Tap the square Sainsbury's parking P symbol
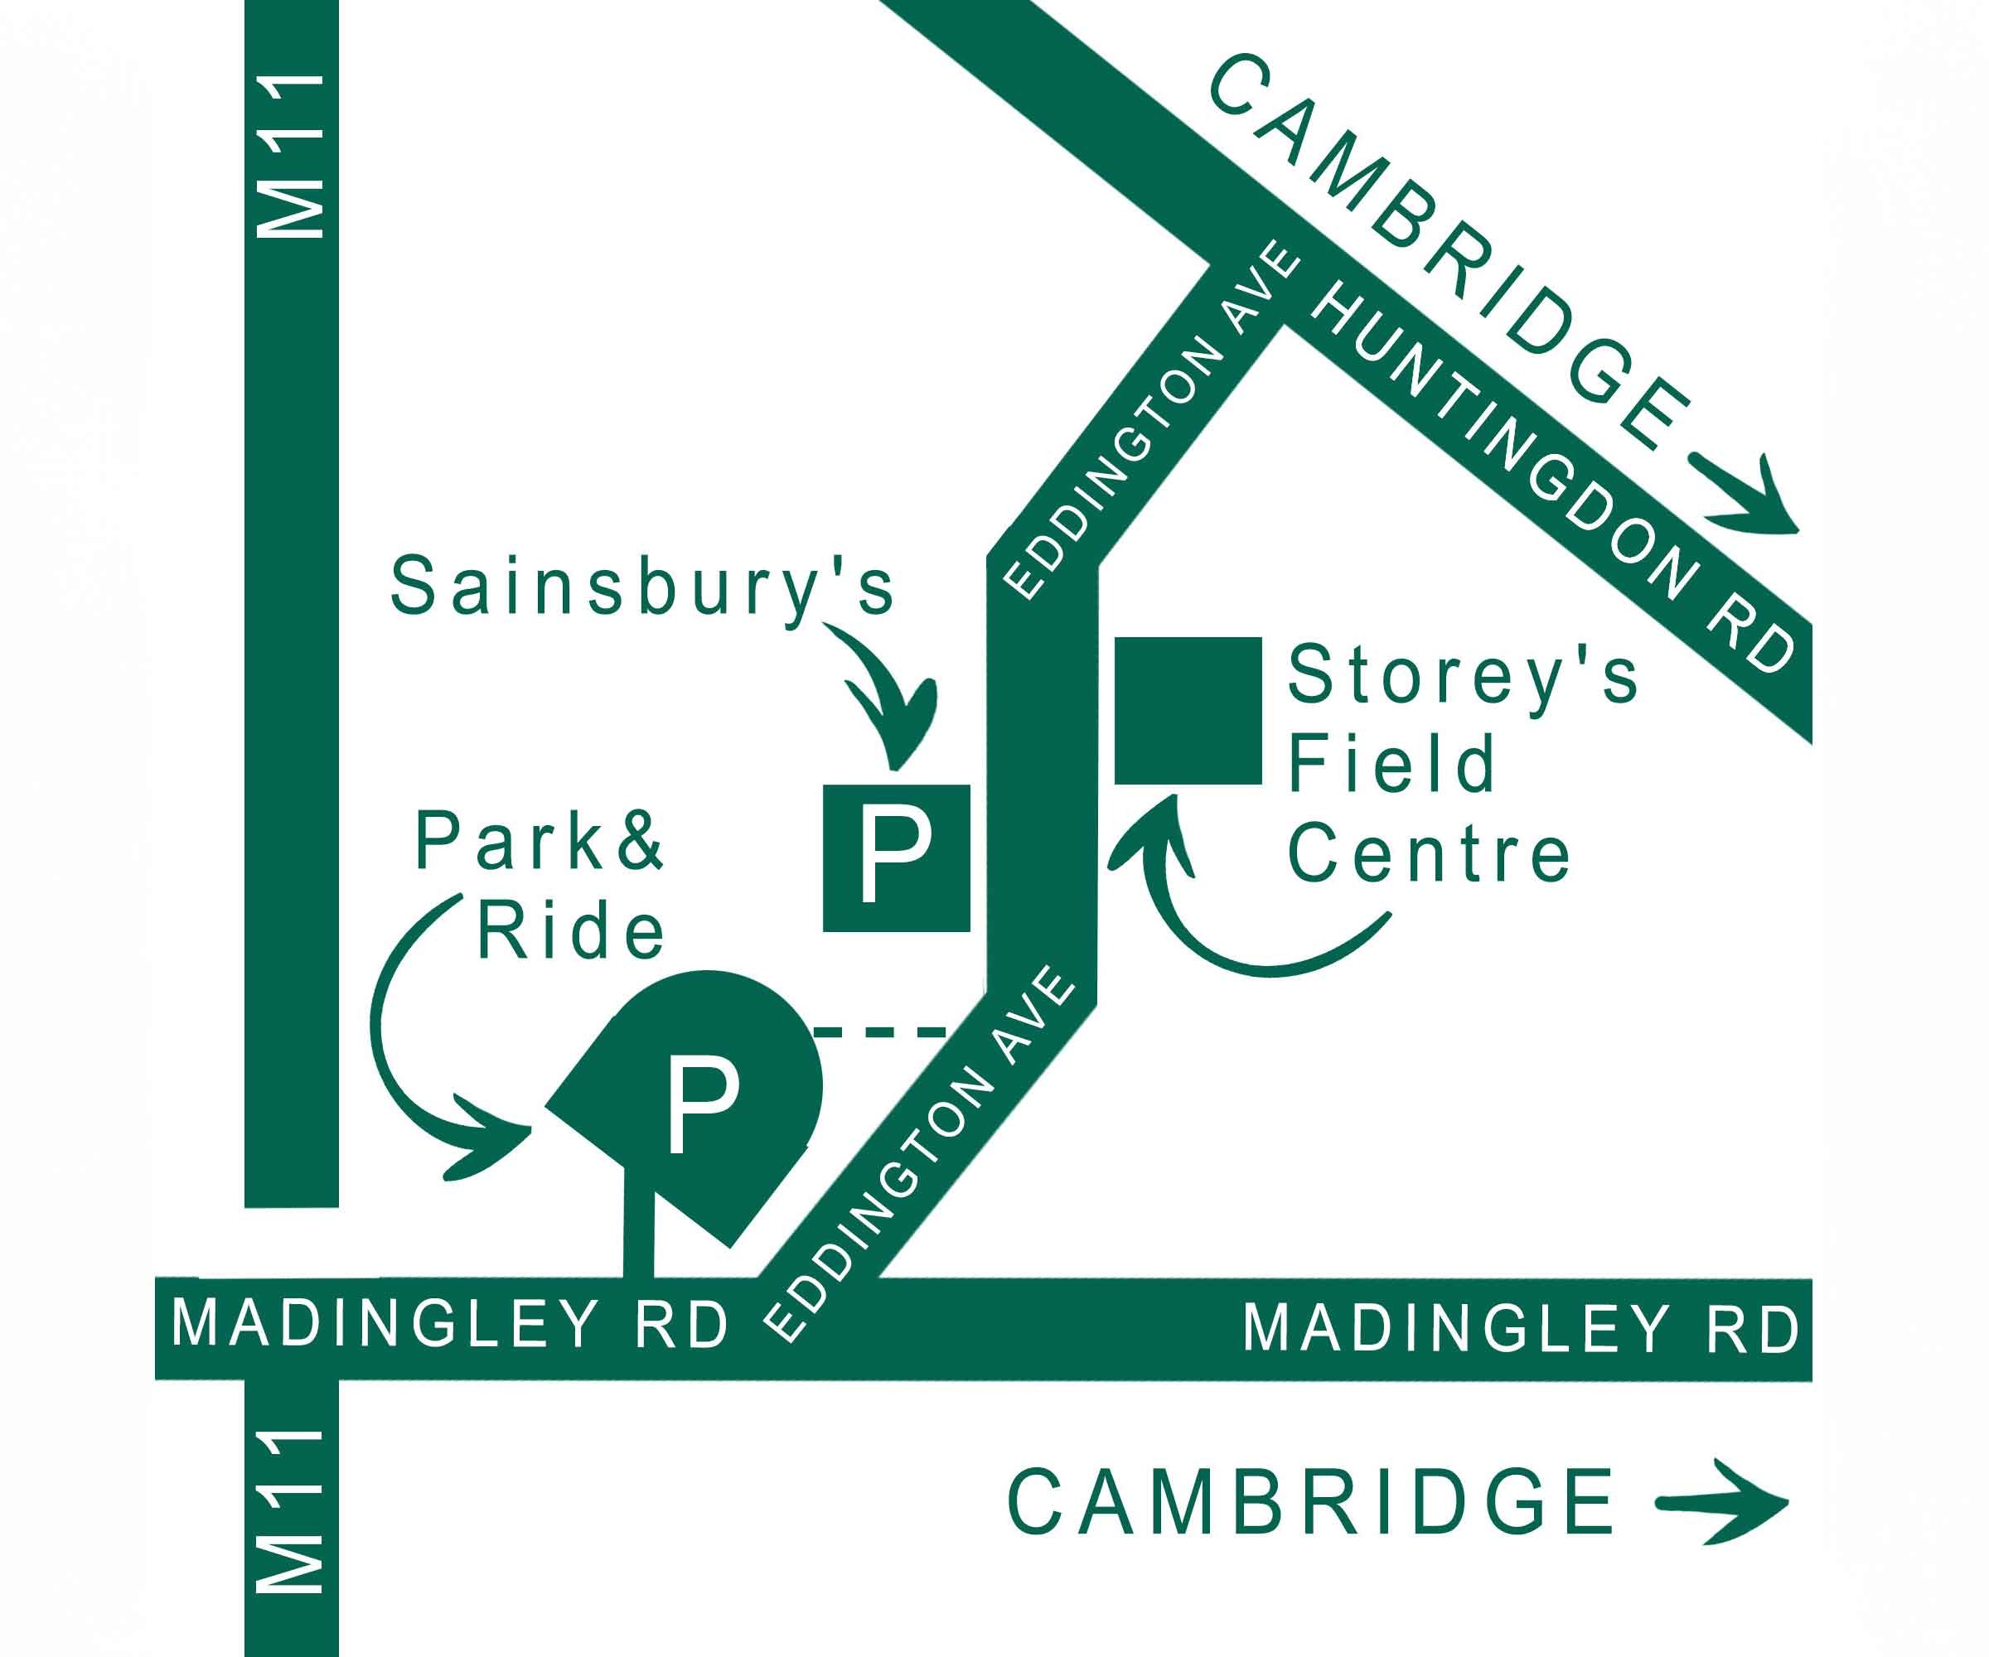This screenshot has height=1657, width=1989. [896, 857]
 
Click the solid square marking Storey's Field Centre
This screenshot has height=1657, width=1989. [1188, 711]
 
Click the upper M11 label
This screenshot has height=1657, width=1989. [292, 157]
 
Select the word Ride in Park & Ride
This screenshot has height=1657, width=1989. [570, 932]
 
